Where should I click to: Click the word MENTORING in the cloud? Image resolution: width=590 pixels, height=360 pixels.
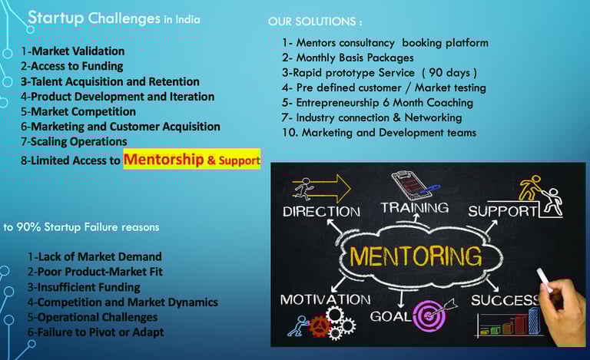416,256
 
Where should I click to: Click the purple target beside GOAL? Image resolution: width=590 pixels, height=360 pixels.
429,315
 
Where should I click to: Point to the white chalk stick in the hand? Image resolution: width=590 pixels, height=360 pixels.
544,280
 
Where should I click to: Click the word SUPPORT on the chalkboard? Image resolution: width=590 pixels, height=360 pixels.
503,212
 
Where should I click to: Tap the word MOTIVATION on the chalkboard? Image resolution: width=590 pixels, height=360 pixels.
325,299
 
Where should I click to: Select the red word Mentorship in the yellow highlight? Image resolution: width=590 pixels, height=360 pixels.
164,160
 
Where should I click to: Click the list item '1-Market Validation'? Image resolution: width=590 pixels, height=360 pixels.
73,51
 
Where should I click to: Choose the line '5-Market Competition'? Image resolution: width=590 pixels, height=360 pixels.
78,111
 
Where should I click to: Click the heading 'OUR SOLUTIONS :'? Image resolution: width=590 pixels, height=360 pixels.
315,21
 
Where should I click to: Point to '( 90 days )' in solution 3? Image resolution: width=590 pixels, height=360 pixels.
449,72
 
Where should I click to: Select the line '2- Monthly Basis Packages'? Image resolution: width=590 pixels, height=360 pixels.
348,58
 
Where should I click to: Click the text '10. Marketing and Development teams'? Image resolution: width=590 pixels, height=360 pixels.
379,133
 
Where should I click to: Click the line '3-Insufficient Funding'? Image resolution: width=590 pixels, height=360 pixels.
84,287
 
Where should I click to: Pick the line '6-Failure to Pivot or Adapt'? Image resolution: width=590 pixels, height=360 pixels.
95,332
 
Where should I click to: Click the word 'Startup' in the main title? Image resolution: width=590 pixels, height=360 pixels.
55,18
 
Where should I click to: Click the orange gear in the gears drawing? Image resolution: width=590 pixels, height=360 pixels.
319,325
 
